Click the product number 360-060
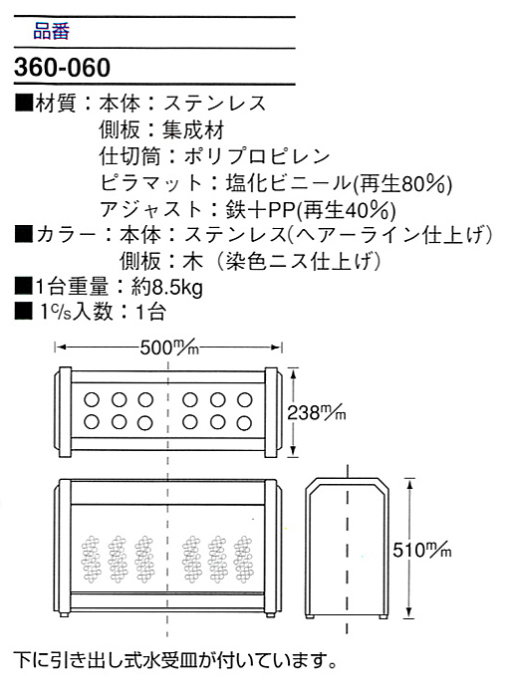click(x=62, y=68)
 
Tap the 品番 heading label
click(x=51, y=32)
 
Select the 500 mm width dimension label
click(x=169, y=348)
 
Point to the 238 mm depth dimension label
click(x=316, y=412)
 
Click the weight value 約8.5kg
click(x=166, y=288)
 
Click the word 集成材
click(x=193, y=130)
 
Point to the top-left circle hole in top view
click(x=92, y=399)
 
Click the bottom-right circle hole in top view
click(x=244, y=422)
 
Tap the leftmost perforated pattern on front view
click(x=92, y=559)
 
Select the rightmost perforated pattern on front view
click(x=243, y=559)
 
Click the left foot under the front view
click(x=65, y=614)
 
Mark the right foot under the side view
click(x=383, y=616)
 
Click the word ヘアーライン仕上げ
click(x=388, y=235)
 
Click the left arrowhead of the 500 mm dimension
click(x=60, y=348)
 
